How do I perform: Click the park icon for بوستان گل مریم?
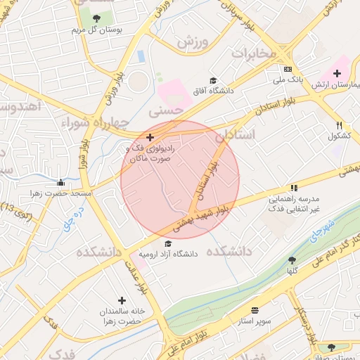96,18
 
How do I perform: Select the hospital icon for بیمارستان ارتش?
337,73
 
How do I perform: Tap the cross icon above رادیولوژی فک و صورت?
149,136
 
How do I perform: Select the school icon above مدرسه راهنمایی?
294,188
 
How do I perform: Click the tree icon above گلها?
292,260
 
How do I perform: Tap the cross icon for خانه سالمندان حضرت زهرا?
122,300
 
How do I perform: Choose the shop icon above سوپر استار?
254,309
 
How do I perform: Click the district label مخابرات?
261,53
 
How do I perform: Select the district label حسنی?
167,110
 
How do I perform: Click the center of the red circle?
180,180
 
